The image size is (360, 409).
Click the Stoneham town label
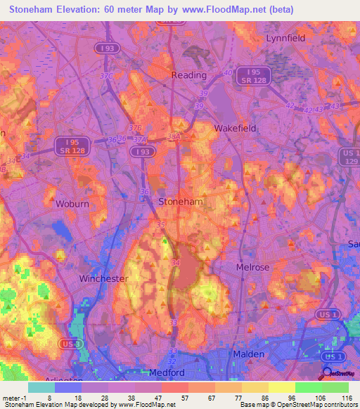point(181,201)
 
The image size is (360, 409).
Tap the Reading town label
point(189,75)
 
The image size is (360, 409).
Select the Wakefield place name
point(235,129)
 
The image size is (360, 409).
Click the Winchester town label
point(103,278)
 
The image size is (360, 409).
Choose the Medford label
point(167,372)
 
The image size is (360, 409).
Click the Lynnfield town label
point(285,38)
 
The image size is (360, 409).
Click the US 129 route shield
point(350,156)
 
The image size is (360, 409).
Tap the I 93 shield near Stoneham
point(143,151)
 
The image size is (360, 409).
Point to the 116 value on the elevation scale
point(347,397)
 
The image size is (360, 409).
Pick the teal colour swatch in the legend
point(41,387)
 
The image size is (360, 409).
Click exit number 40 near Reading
point(227,72)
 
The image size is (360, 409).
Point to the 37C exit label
point(106,75)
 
